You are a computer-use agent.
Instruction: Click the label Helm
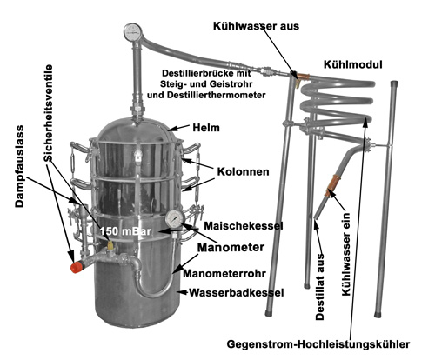(x=206, y=128)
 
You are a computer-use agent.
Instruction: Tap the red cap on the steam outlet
(x=77, y=267)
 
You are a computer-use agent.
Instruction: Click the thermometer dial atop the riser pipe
(x=132, y=31)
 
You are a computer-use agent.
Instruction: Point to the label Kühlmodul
(x=352, y=64)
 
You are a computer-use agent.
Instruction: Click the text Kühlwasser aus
(x=256, y=26)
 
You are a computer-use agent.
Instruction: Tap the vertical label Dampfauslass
(x=19, y=166)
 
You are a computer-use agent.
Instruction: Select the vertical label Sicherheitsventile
(x=49, y=113)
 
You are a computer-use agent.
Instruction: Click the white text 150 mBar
(x=125, y=231)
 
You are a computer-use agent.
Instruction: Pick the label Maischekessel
(x=243, y=226)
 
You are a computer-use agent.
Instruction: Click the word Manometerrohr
(x=224, y=273)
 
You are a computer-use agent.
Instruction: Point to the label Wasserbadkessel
(x=237, y=293)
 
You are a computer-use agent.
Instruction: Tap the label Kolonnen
(x=243, y=171)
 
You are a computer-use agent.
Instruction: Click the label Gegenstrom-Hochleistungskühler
(x=318, y=344)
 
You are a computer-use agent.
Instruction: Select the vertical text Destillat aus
(x=320, y=287)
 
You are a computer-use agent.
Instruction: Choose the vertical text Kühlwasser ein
(x=346, y=254)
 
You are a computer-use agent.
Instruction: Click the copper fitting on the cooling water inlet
(x=331, y=185)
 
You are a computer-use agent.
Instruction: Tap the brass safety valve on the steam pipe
(x=110, y=245)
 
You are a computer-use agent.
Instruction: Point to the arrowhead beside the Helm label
(x=173, y=130)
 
